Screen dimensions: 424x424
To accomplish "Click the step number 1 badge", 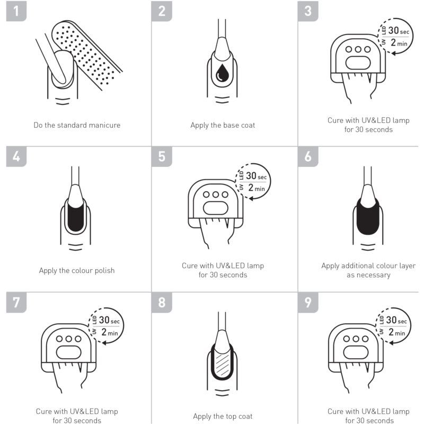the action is [16, 11].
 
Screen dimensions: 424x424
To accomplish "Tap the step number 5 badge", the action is [162, 156].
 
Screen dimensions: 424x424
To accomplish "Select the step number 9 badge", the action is [308, 302].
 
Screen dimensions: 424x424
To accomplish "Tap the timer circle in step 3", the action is [395, 36].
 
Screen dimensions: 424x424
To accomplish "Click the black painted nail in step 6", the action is [367, 216].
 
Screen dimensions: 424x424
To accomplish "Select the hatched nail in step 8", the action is [222, 363].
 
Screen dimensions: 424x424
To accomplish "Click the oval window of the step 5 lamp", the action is [216, 208].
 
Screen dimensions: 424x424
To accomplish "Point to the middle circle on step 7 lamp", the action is [69, 339].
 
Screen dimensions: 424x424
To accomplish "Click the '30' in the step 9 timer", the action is [391, 320].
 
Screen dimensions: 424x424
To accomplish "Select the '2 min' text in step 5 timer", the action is [257, 188].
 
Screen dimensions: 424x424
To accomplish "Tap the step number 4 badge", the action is [16, 156].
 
